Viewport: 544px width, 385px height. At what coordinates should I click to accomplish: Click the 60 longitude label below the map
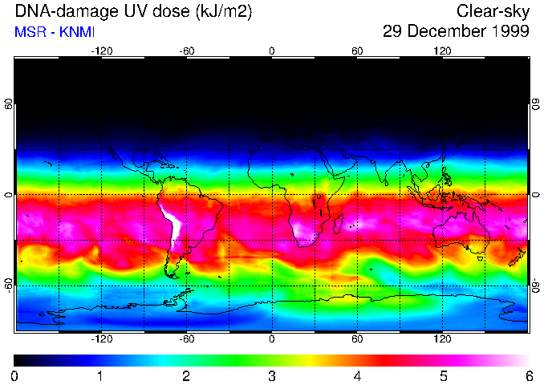(357, 338)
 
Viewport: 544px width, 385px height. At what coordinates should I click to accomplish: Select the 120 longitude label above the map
(442, 51)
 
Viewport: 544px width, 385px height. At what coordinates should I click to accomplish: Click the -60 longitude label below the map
(187, 338)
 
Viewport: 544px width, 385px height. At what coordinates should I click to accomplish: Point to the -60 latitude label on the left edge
(8, 285)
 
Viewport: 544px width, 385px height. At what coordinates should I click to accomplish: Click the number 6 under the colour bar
(528, 375)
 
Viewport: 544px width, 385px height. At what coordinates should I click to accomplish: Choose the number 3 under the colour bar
(271, 375)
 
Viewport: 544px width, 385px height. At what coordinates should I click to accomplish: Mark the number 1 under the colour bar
(99, 375)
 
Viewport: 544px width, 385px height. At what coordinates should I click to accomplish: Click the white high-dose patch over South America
(171, 225)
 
